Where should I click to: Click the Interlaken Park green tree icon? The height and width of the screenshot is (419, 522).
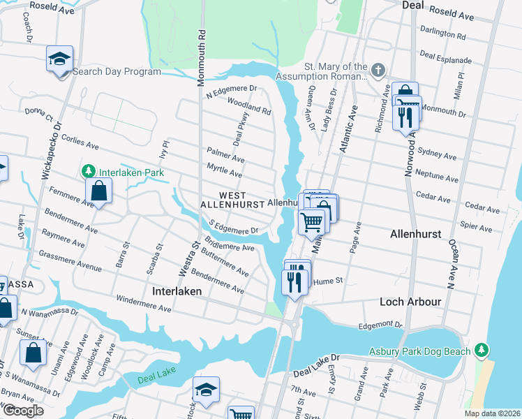89,171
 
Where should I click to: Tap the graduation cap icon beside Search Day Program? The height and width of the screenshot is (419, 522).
60,58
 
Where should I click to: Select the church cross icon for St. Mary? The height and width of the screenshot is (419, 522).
378,71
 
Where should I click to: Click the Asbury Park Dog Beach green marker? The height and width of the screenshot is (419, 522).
480,349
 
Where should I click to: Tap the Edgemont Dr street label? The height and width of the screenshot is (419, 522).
380,325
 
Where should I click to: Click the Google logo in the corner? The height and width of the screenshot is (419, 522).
23,411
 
